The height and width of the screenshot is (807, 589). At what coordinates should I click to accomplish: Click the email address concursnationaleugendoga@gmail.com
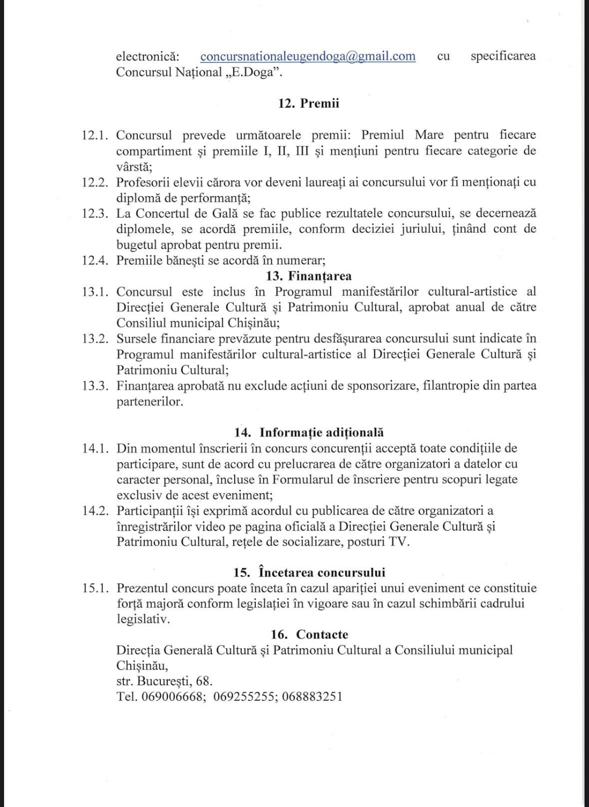click(308, 56)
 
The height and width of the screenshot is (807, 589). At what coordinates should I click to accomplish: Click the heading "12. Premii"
click(308, 103)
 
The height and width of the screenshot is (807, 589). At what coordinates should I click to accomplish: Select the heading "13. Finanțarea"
click(309, 276)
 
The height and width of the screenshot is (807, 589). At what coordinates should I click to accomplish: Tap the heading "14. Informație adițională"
click(309, 432)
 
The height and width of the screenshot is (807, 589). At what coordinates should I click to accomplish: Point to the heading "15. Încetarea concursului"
click(309, 572)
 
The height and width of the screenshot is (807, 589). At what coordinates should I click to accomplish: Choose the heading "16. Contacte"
click(309, 634)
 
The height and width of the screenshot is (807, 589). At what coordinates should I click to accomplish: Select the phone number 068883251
click(312, 697)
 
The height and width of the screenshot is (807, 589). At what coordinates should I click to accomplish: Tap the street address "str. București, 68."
click(164, 681)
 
